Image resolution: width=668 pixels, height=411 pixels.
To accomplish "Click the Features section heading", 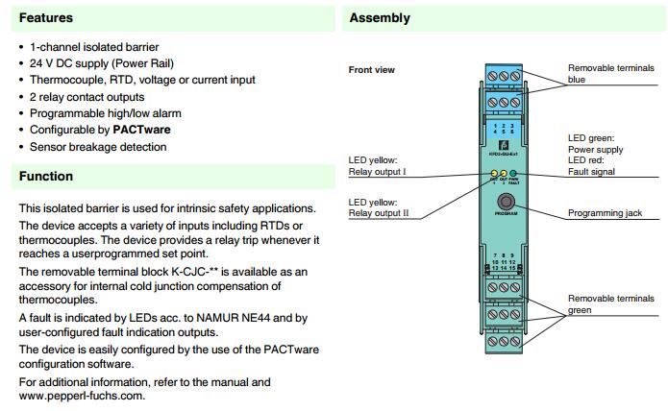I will click(x=46, y=18).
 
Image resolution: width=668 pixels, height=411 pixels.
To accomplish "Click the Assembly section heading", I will click(x=380, y=18).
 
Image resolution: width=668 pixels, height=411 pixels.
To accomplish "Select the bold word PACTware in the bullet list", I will click(x=142, y=131).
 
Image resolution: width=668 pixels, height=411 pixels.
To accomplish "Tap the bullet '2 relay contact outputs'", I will click(x=87, y=97).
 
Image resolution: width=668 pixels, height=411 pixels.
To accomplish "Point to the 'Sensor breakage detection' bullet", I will click(x=98, y=147).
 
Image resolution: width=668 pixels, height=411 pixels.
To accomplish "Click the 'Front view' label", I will click(x=371, y=70).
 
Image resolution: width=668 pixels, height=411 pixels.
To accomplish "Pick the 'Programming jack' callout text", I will click(x=605, y=213).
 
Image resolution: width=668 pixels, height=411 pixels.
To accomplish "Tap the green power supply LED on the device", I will click(x=513, y=174).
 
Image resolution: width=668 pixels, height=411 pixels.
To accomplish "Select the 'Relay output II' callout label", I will click(x=379, y=213).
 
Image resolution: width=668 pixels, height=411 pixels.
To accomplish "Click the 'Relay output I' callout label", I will click(x=378, y=172).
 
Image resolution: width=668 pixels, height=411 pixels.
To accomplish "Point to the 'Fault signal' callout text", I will click(x=591, y=172).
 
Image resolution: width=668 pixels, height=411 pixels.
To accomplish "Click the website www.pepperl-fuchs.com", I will click(x=82, y=396).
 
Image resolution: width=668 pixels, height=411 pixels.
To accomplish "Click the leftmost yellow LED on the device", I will click(x=493, y=174).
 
